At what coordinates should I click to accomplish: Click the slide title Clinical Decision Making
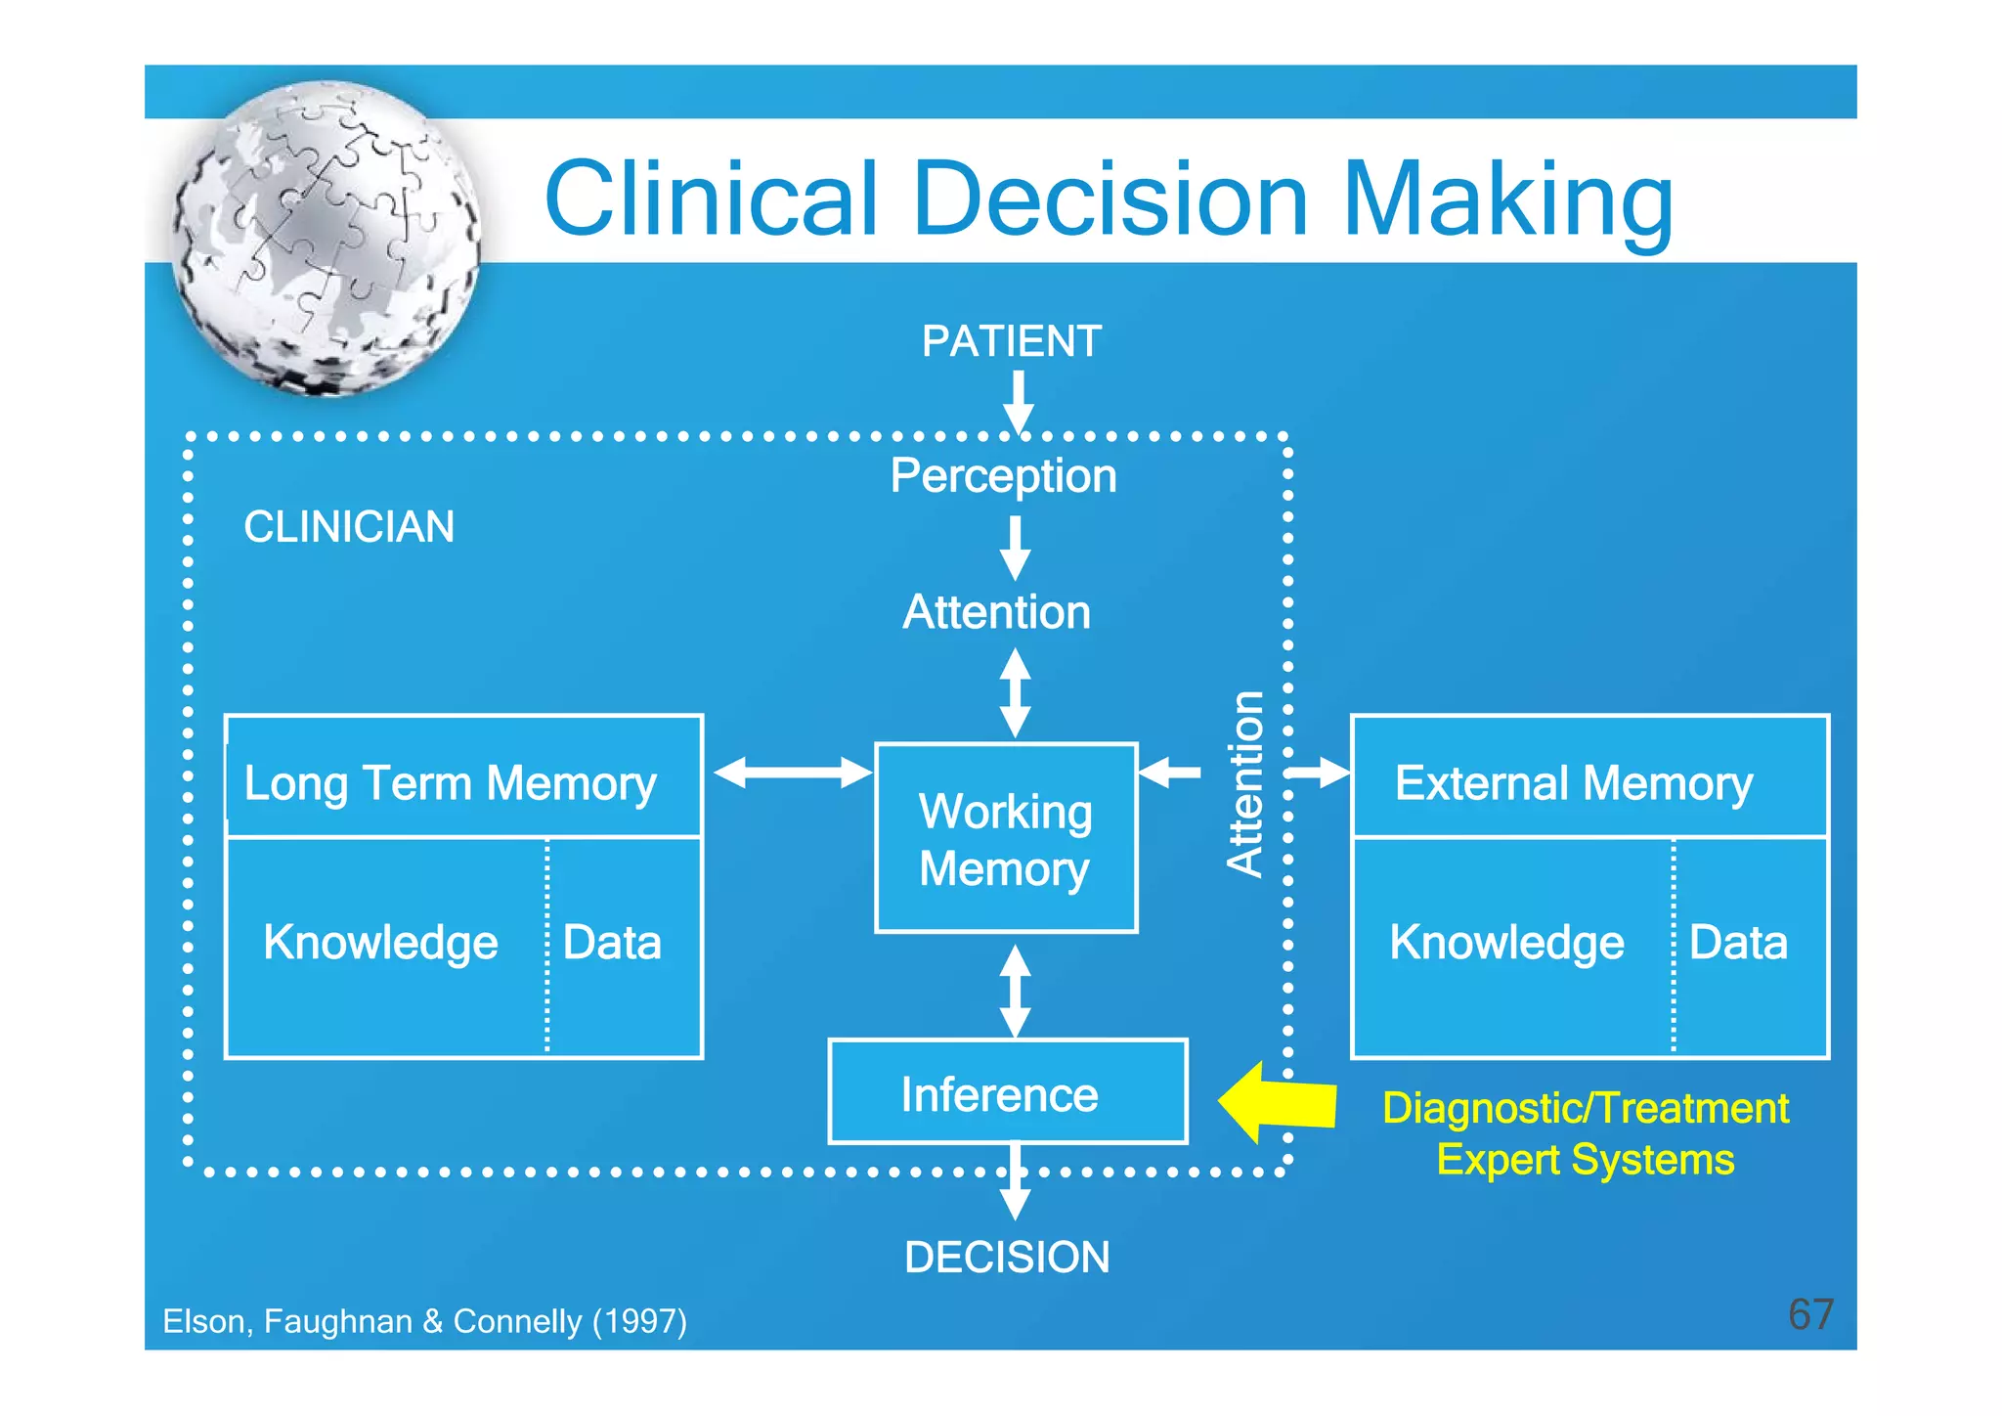(1108, 199)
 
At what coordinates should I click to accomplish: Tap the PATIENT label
(1011, 341)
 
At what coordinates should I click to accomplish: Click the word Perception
(1003, 476)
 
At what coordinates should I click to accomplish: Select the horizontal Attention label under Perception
(996, 613)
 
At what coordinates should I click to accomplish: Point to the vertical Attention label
(1245, 783)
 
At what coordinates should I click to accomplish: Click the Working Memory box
(1006, 839)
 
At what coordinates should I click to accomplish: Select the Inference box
(1007, 1093)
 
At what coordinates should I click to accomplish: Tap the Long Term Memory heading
(450, 782)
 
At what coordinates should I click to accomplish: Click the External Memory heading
(1574, 782)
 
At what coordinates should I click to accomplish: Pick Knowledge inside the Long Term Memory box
(380, 943)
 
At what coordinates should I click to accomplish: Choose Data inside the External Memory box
(1738, 943)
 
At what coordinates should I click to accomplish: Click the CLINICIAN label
(349, 527)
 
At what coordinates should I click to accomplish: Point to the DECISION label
(1007, 1258)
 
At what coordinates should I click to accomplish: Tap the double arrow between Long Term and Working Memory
(792, 773)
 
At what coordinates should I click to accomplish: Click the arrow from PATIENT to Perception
(1018, 401)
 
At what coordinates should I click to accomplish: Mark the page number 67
(1810, 1314)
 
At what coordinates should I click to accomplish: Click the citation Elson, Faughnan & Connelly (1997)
(424, 1321)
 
